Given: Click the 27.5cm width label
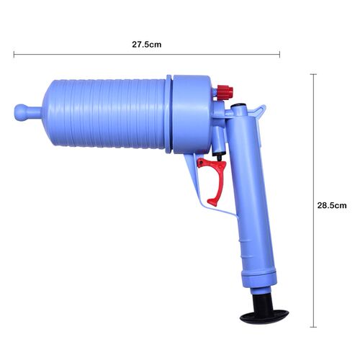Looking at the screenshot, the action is click(x=147, y=45).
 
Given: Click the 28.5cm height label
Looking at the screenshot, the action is click(x=332, y=205).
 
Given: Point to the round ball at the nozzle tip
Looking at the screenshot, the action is click(x=21, y=112).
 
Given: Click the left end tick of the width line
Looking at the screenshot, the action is click(x=14, y=55).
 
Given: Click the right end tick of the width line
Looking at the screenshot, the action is click(x=279, y=55).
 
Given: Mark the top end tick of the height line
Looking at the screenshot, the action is click(x=313, y=74).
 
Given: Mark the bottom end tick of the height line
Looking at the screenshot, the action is click(x=313, y=327).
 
